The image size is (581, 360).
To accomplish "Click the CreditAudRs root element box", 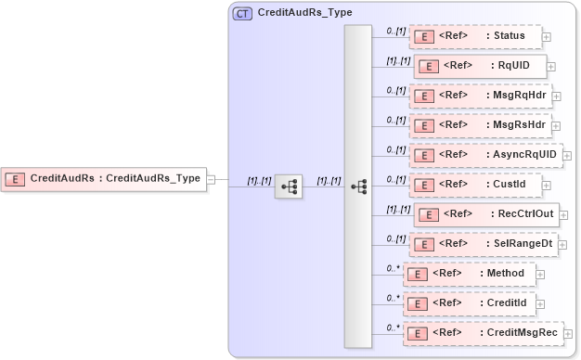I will [x=103, y=178].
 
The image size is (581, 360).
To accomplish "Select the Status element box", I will [x=474, y=37].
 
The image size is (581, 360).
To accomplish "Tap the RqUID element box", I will [x=480, y=66].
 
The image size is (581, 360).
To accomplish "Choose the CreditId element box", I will [x=469, y=303].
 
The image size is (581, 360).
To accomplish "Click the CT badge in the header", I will [x=242, y=14].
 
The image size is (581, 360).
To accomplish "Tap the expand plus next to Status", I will [x=546, y=38].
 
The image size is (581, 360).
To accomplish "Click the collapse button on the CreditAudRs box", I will [x=211, y=179].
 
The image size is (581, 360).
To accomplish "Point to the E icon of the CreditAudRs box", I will [x=16, y=178].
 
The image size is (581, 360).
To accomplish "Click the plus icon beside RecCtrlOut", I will [x=563, y=215].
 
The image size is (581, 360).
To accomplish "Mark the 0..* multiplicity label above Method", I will [x=394, y=268].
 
